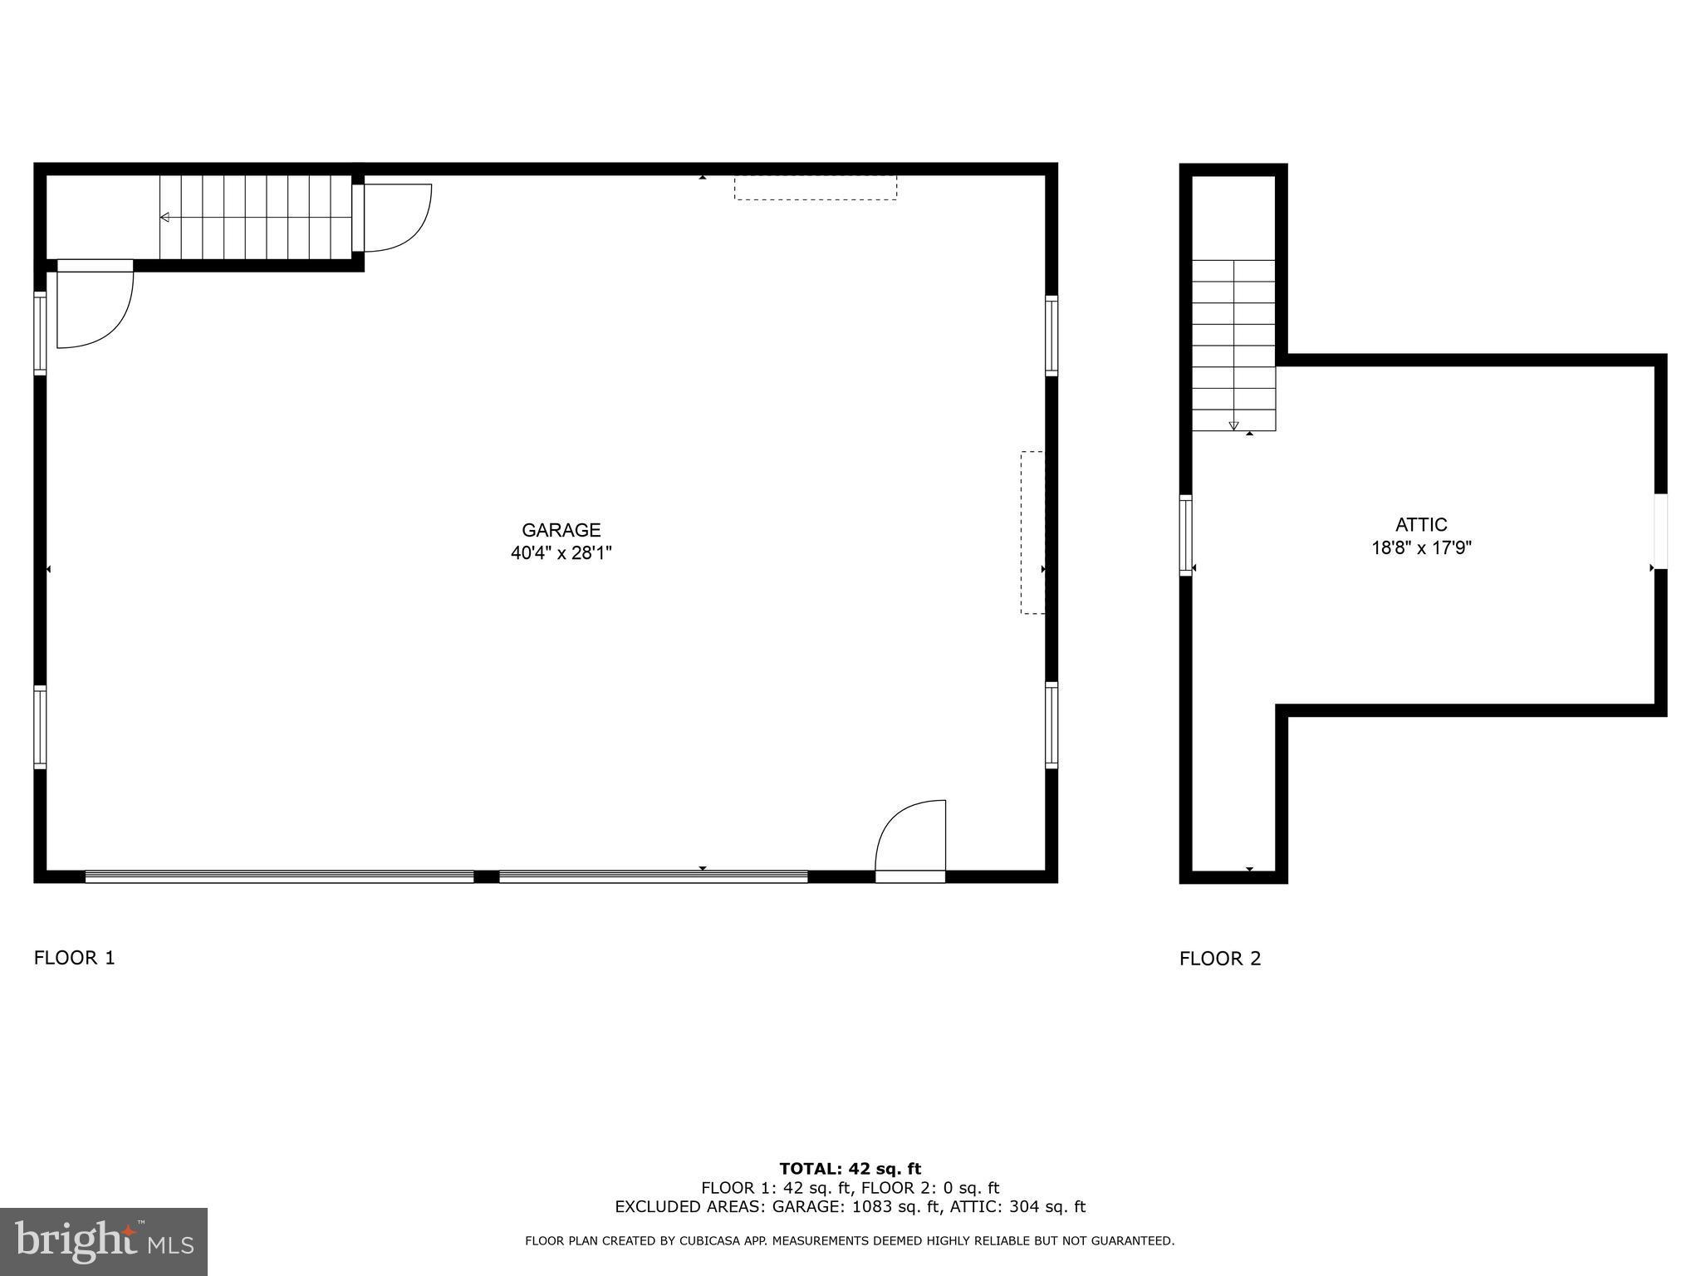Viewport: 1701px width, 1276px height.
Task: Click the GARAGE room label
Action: tap(561, 530)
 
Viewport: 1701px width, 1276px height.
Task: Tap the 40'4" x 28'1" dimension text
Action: tap(561, 552)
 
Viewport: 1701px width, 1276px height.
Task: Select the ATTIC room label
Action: tap(1421, 525)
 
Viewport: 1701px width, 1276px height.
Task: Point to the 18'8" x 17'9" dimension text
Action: tap(1421, 548)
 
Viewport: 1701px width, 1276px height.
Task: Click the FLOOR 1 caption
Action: tap(74, 958)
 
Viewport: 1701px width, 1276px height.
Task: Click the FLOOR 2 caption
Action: tap(1219, 959)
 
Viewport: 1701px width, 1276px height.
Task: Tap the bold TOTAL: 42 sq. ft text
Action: tap(850, 1169)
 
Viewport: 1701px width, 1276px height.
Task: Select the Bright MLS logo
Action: tap(103, 1241)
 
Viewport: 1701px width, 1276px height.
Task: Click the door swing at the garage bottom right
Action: tap(911, 837)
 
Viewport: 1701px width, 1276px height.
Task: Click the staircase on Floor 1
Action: tap(256, 218)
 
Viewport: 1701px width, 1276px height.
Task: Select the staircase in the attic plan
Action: tap(1233, 345)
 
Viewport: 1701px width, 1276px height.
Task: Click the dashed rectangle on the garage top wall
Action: tap(815, 188)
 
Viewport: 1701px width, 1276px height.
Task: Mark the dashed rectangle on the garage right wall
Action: tap(1032, 532)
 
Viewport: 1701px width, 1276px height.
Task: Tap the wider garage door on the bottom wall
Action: tap(279, 876)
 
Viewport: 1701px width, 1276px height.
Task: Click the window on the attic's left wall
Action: tap(1186, 535)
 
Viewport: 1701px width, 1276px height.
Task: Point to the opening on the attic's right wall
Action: tap(1660, 532)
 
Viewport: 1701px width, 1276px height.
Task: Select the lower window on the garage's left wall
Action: tap(40, 727)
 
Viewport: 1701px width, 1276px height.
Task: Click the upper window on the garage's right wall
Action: tap(1051, 336)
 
